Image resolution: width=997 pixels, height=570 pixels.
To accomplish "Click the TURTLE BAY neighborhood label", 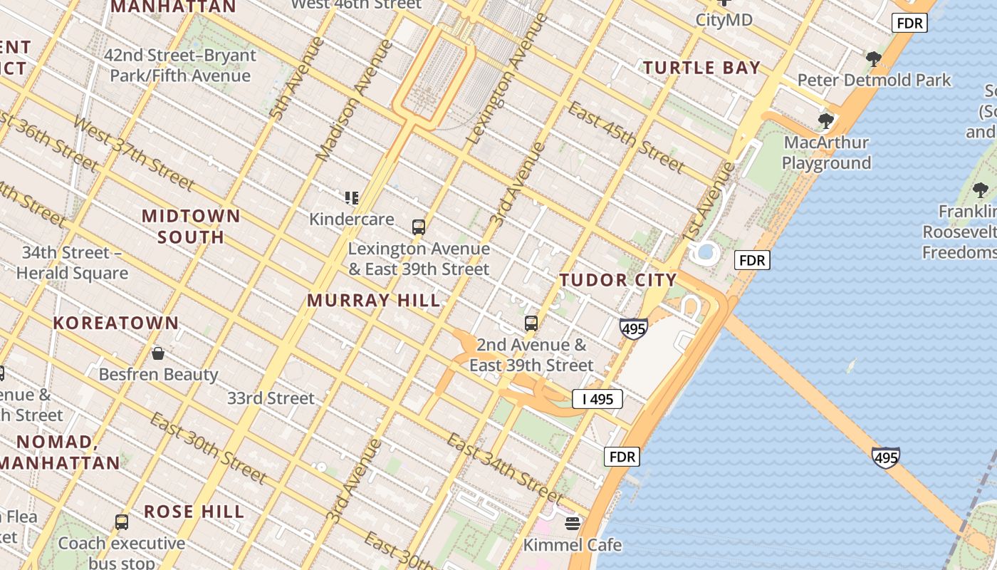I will click(x=702, y=68).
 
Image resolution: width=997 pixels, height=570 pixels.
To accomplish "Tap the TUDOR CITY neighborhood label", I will click(x=617, y=280).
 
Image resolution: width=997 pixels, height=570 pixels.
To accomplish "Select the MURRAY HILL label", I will click(x=374, y=300).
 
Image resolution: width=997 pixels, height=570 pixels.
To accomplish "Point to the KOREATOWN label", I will click(x=116, y=323).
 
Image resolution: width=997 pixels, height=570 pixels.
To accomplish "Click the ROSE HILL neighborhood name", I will click(x=194, y=512).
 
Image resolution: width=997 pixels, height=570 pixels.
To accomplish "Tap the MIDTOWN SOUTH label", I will click(x=191, y=226).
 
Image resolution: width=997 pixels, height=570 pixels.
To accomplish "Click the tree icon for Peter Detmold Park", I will click(x=874, y=59).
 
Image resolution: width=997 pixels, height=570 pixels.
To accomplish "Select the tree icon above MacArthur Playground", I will click(x=826, y=121).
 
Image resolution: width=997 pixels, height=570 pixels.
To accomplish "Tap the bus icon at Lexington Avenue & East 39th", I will click(x=419, y=227).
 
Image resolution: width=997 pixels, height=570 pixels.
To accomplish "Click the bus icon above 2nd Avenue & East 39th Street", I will click(x=531, y=323).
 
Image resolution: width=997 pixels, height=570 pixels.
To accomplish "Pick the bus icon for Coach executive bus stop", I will click(x=122, y=522).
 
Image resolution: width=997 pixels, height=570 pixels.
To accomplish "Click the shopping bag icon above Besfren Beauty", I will click(x=158, y=353).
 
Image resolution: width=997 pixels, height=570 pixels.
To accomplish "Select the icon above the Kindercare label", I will click(x=351, y=197).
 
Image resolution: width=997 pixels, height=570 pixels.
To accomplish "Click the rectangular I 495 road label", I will click(x=597, y=399).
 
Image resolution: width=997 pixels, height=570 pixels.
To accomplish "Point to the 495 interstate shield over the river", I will click(x=885, y=457).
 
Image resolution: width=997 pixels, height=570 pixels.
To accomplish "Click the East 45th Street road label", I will click(x=626, y=137).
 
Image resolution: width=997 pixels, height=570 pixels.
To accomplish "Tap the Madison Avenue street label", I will click(x=354, y=100).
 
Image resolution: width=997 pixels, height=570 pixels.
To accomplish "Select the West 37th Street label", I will click(x=133, y=154).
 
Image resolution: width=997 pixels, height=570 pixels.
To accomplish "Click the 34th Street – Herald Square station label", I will click(x=72, y=263).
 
